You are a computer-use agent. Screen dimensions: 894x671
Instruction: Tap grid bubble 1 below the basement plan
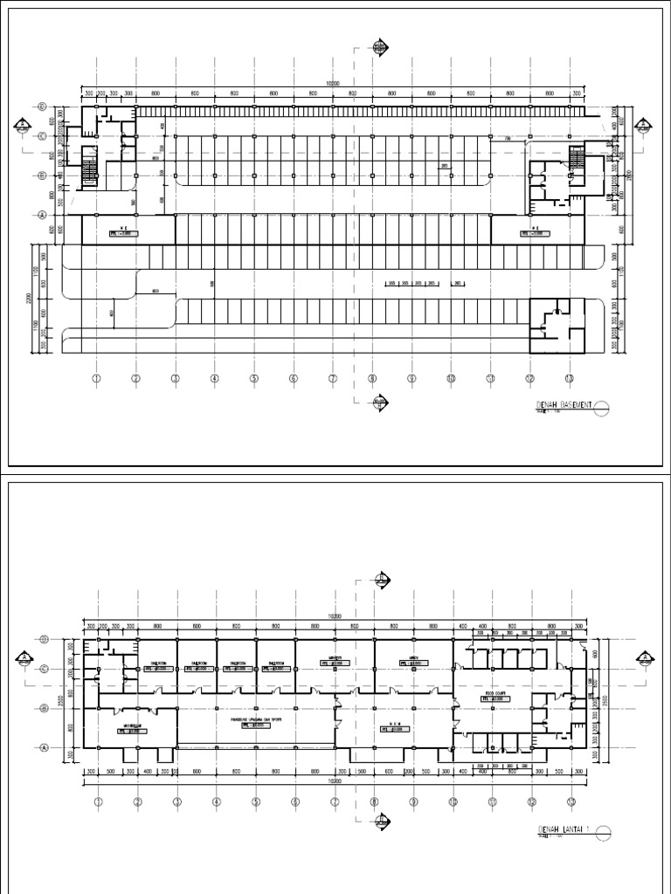97,378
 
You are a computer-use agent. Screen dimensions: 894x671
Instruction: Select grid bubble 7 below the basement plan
333,378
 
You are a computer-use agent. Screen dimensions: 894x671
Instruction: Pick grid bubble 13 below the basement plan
570,378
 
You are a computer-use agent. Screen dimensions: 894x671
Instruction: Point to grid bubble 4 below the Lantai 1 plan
216,801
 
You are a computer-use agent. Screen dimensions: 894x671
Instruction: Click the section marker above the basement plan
380,48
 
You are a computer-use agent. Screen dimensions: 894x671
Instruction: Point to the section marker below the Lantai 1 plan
381,819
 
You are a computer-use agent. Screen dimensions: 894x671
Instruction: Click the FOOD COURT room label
497,695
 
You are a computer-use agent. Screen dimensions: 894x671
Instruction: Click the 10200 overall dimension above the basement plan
332,84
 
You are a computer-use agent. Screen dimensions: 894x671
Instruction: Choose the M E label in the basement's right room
529,230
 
